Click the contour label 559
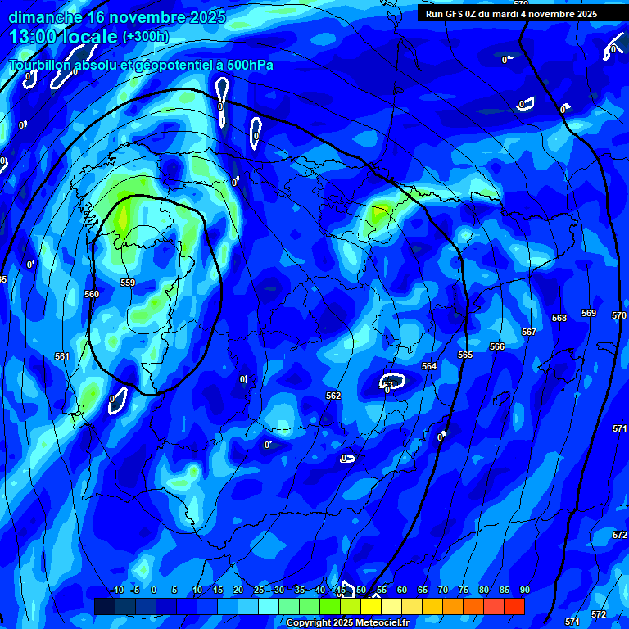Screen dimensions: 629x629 (127, 283)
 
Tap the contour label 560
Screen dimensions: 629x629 (92, 294)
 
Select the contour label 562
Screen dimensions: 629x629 (333, 396)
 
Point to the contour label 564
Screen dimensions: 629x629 (429, 366)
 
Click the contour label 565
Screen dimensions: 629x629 (465, 355)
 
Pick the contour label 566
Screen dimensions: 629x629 (497, 346)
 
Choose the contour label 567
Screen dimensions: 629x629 (529, 332)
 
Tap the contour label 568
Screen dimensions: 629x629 (559, 318)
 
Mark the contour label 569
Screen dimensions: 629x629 (589, 313)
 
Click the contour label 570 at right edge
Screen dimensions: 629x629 (618, 315)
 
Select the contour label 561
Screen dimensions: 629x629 (61, 356)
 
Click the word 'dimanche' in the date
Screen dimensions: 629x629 (45, 16)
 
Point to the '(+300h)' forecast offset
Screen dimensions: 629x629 (145, 37)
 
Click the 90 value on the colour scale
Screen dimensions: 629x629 (524, 591)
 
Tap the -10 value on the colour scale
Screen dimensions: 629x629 (116, 591)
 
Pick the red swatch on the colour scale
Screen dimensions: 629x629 (514, 606)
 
